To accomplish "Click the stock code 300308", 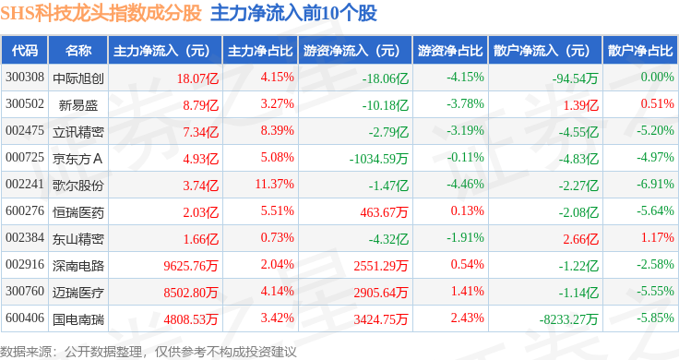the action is click(25, 78).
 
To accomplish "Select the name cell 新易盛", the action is click(78, 105).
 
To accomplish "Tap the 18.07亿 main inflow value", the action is click(197, 78).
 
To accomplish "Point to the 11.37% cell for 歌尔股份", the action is click(275, 184).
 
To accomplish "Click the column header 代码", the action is click(25, 51).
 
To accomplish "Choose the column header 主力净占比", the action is click(260, 51).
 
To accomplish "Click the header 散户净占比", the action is click(640, 51).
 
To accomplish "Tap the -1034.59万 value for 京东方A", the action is click(379, 159).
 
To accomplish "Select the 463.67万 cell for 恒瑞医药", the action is click(384, 212).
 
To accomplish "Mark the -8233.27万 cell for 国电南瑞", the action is click(568, 319).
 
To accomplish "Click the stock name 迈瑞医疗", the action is click(78, 293).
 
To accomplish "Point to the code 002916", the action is click(25, 264).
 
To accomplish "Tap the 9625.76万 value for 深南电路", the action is click(191, 266).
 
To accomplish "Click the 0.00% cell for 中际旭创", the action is click(658, 78).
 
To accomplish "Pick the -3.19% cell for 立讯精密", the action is click(466, 130).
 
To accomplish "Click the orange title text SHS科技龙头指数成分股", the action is click(101, 13).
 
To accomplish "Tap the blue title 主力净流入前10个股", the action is click(293, 13).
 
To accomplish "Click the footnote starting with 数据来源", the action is click(149, 352).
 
